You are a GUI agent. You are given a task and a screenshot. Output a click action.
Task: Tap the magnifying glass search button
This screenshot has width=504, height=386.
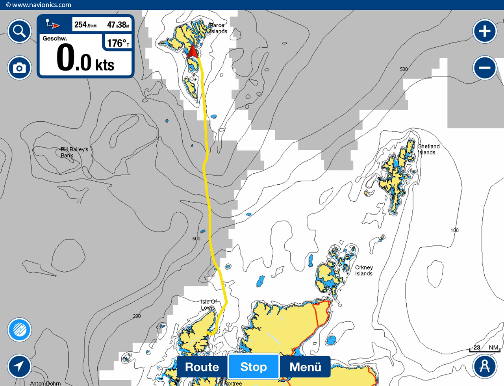click(19, 31)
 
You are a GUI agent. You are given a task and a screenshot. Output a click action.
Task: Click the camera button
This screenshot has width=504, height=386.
click(19, 68)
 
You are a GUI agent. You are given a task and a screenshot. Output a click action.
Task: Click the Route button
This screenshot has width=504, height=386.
click(202, 367)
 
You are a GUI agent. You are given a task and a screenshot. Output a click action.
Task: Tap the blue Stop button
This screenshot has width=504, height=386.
click(254, 367)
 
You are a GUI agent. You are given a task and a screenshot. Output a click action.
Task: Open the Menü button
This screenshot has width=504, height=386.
click(305, 367)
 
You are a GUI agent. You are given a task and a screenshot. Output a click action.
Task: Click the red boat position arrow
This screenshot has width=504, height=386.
click(193, 52)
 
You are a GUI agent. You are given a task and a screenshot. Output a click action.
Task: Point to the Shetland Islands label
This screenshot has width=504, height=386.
click(428, 149)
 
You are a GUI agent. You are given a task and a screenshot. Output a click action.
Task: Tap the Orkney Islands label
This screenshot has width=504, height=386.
click(363, 270)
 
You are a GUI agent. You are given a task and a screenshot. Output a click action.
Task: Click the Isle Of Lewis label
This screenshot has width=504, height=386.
click(209, 304)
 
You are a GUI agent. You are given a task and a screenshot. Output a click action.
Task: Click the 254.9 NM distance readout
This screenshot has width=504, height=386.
click(85, 25)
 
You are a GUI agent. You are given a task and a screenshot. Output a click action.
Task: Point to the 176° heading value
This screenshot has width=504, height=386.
click(118, 43)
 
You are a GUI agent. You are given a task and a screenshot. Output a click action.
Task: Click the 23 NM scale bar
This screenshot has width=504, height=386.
click(484, 348)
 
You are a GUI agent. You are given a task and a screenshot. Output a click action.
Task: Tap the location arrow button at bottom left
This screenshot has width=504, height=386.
click(19, 366)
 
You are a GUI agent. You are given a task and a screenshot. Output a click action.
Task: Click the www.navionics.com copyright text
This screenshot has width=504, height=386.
click(39, 5)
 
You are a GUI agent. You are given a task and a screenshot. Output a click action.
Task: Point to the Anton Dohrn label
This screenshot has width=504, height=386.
click(45, 383)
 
